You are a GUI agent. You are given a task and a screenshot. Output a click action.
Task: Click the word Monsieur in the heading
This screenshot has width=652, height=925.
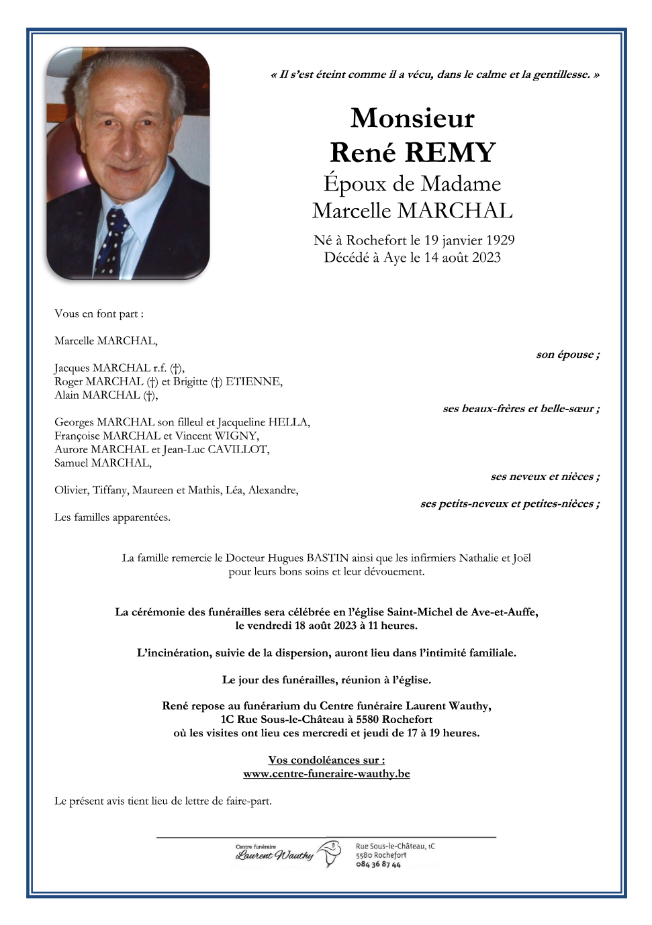coord(412,119)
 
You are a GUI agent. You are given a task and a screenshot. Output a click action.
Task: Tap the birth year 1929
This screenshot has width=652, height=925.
coord(500,240)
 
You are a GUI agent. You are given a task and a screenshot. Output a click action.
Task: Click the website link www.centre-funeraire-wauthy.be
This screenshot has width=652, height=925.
coord(326,774)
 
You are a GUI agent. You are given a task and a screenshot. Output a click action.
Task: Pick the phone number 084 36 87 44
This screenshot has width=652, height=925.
coord(378,865)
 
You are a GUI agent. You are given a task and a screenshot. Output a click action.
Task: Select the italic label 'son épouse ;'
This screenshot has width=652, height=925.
coord(567,355)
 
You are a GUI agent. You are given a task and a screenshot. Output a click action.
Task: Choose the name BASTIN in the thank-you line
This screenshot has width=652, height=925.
coord(328,558)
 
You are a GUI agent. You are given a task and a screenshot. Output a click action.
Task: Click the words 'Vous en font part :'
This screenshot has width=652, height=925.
coord(99,314)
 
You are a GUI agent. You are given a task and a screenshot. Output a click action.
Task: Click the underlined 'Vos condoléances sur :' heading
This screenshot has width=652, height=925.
coord(326,761)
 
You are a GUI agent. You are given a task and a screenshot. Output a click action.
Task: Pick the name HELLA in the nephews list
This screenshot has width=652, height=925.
coord(289,422)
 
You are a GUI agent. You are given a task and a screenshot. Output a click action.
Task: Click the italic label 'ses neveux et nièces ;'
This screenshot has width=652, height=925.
coord(545,477)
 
